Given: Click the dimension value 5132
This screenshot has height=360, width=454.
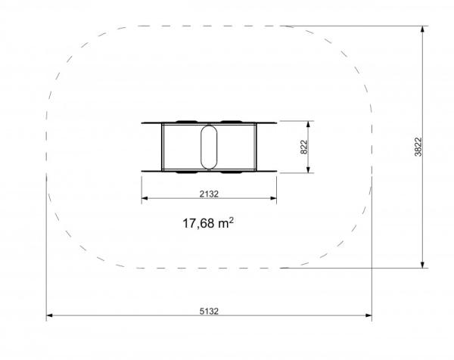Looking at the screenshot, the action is [209, 311].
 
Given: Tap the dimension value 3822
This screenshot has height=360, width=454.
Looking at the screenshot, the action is [418, 147].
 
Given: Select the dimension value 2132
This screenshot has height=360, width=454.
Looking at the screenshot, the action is [209, 194].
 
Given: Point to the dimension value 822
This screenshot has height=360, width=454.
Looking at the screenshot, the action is [303, 147].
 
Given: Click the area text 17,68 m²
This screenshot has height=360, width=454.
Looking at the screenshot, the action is [208, 223].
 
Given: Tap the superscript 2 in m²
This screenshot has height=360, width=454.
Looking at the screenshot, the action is [231, 221].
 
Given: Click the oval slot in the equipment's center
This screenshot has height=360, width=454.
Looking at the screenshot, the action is [209, 147].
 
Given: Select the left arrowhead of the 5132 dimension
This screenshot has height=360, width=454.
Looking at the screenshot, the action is [49, 315].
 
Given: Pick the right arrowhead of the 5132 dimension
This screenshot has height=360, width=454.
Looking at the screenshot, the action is [368, 315].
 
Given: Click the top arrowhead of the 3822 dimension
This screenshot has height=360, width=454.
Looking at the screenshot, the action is [422, 29].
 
